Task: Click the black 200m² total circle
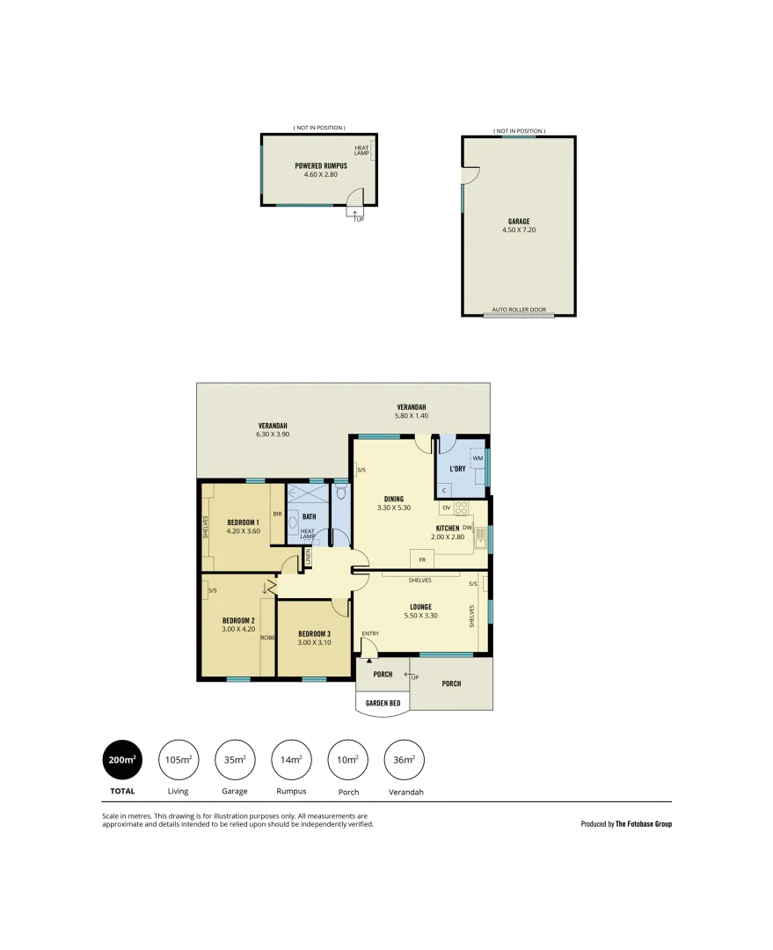click(x=122, y=760)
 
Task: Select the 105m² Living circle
click(x=179, y=760)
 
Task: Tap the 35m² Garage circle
click(x=235, y=760)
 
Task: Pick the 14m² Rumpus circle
click(x=291, y=760)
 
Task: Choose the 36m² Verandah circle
click(x=405, y=760)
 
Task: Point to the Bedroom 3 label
click(x=314, y=634)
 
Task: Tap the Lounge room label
click(x=419, y=606)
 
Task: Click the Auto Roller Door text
click(x=519, y=310)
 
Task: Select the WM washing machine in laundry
click(x=478, y=458)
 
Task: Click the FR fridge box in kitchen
click(x=422, y=559)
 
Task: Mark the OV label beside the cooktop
click(x=447, y=508)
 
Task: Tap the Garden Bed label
click(x=383, y=703)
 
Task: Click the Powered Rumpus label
click(x=321, y=165)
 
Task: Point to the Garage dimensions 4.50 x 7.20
click(x=519, y=230)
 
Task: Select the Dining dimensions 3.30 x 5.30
click(x=394, y=508)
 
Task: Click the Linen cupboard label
click(x=308, y=558)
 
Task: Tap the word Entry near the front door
click(x=370, y=633)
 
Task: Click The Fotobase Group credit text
click(x=643, y=824)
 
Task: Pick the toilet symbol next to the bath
click(x=340, y=494)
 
